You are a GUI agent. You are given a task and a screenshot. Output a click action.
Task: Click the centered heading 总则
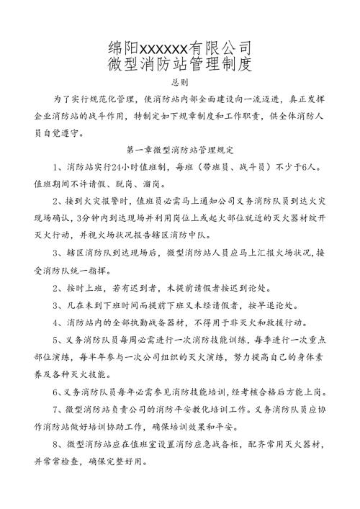click(179, 84)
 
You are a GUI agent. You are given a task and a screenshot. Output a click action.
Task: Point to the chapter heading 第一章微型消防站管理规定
click(180, 151)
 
